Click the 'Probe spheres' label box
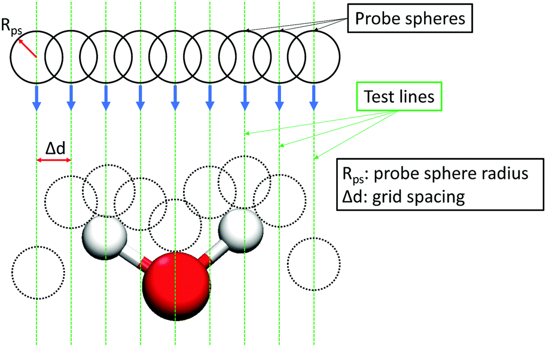tap(410, 18)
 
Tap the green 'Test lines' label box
tap(399, 96)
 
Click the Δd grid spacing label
tap(56, 149)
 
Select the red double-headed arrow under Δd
tap(54, 160)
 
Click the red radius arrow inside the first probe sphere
tap(27, 48)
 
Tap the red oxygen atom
tap(176, 286)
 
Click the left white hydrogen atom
tap(104, 237)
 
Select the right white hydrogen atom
tap(240, 231)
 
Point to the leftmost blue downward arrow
tap(36, 98)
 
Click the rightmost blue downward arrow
tap(314, 98)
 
